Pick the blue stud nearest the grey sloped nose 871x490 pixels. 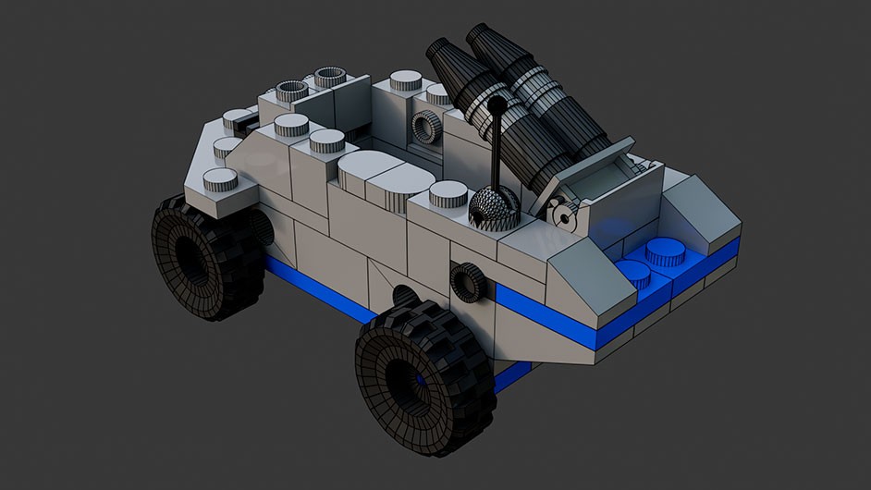[633, 273]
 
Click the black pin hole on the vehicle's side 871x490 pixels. [468, 281]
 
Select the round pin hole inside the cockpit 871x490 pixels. [425, 128]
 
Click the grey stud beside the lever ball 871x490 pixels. [448, 193]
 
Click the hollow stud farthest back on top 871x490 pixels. [328, 77]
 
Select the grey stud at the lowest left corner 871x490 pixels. [220, 179]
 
